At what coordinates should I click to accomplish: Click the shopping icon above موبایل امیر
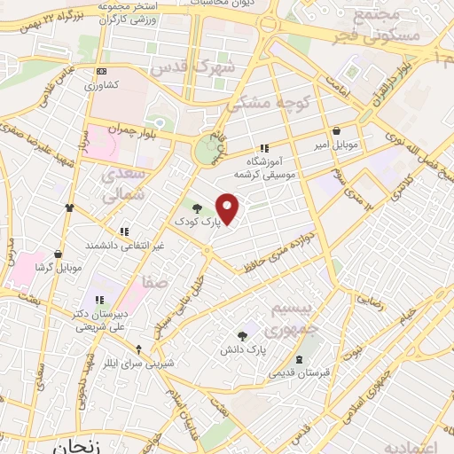pos(336,129)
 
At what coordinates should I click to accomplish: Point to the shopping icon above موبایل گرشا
pos(59,254)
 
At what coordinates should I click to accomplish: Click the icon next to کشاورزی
pos(102,72)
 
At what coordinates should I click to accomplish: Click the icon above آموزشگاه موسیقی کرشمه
pos(263,148)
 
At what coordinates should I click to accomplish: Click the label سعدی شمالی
pos(120,184)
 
